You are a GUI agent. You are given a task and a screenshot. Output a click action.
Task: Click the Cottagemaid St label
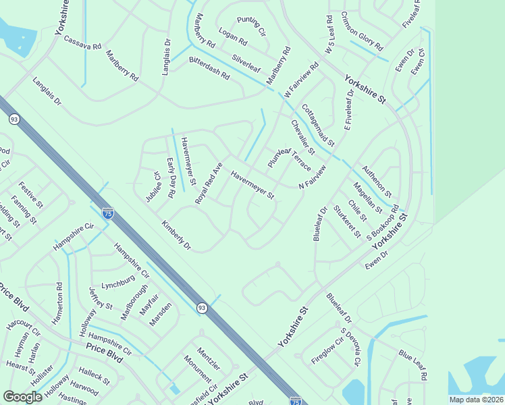coord(318,125)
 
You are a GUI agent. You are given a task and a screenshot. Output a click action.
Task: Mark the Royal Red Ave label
coord(209,183)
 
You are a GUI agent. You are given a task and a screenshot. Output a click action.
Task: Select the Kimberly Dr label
coord(176,235)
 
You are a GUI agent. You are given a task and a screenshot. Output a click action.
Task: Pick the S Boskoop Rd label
coord(383,223)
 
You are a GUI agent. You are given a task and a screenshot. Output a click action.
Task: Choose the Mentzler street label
coord(209,358)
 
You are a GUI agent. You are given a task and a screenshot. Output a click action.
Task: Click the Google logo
coord(22,397)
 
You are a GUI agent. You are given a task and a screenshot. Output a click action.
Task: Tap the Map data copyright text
coord(476,400)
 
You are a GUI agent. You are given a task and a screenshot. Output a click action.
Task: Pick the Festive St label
coord(31,194)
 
